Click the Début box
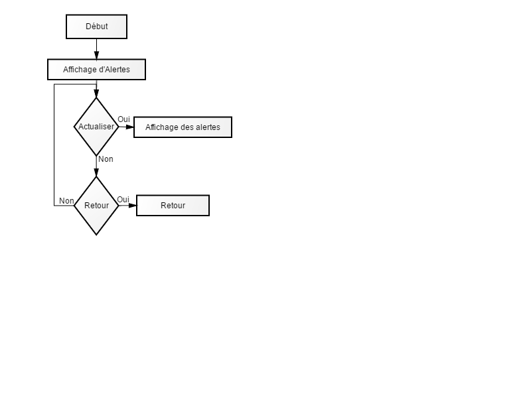click(96, 27)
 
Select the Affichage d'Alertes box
click(96, 70)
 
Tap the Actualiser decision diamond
click(96, 127)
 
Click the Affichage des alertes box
click(183, 127)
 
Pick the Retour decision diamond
click(96, 206)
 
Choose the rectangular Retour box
click(173, 206)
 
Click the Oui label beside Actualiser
click(123, 119)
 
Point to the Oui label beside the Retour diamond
click(123, 200)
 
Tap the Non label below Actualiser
click(106, 159)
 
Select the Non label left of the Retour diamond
click(66, 201)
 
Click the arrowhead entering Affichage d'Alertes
click(96, 56)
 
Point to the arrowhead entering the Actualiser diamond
click(96, 94)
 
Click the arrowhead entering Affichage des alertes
click(130, 127)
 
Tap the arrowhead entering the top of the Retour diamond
click(96, 172)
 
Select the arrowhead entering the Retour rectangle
click(133, 206)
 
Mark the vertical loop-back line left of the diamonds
click(54, 145)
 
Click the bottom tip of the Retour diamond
click(96, 235)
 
